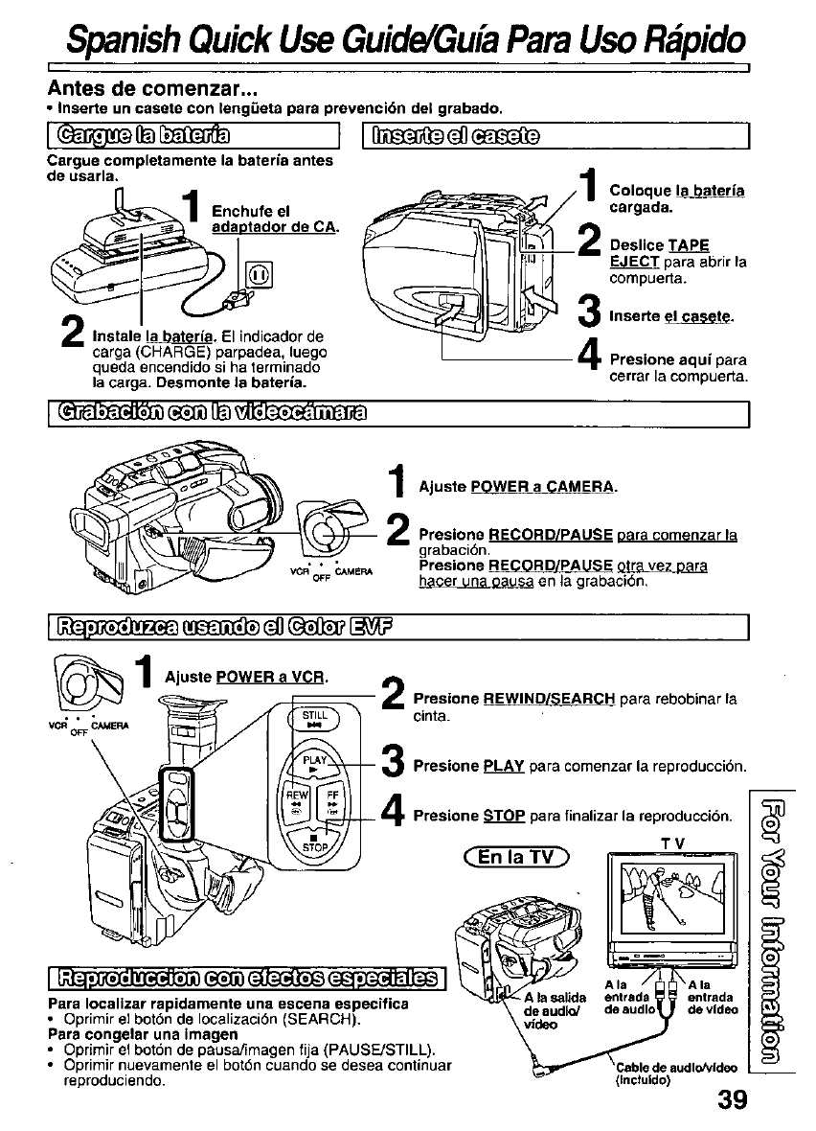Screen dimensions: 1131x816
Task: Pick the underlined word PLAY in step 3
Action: (x=503, y=767)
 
